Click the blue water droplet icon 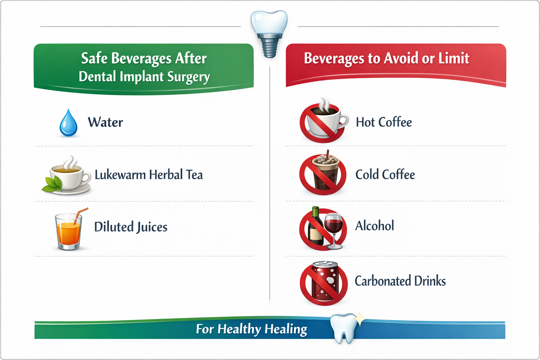tap(69, 123)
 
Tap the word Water tap(105, 122)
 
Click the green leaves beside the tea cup tap(52, 185)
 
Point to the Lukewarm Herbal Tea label tap(148, 175)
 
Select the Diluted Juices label tap(131, 227)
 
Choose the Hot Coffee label tap(384, 122)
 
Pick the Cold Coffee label tap(385, 175)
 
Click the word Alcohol tap(374, 226)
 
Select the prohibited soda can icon tap(323, 283)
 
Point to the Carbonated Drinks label tap(400, 281)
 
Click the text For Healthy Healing tap(251, 329)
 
